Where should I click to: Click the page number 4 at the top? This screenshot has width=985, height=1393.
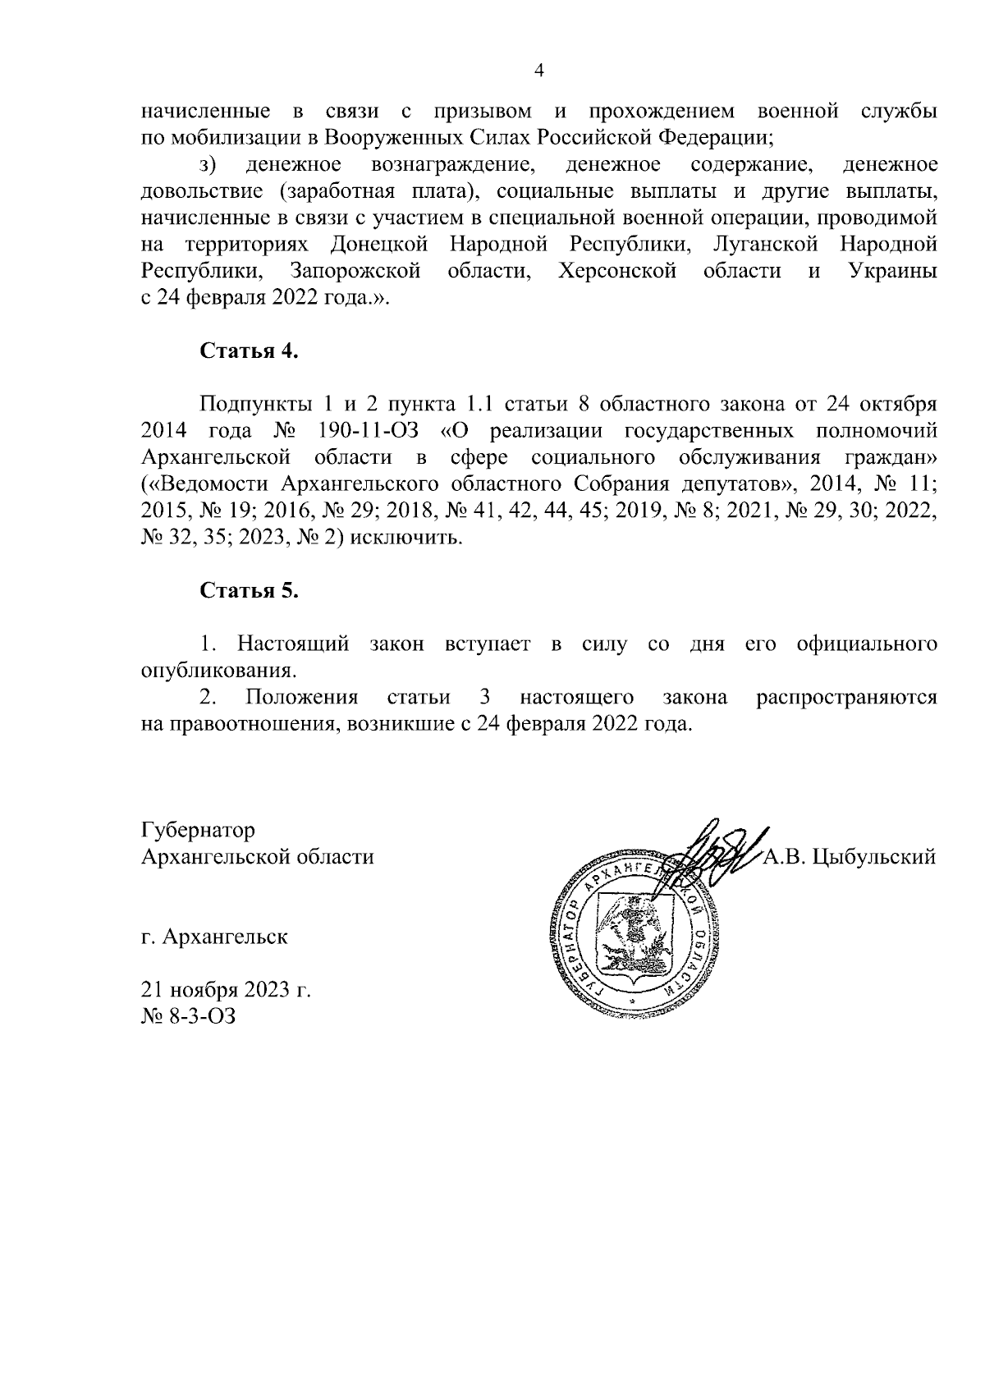(x=538, y=71)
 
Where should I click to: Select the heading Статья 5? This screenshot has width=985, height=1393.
(x=249, y=591)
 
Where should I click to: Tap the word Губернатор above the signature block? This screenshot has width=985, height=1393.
(x=198, y=830)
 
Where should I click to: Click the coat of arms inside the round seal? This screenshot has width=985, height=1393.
(x=635, y=935)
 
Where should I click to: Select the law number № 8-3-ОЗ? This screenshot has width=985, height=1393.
(x=188, y=1016)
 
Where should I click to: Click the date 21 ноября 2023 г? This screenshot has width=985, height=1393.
(x=226, y=990)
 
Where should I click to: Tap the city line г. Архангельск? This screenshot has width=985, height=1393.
(x=214, y=937)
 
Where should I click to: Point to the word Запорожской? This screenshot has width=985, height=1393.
(x=355, y=272)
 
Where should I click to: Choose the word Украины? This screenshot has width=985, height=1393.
(x=892, y=272)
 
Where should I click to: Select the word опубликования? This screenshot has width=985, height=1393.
(x=218, y=671)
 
